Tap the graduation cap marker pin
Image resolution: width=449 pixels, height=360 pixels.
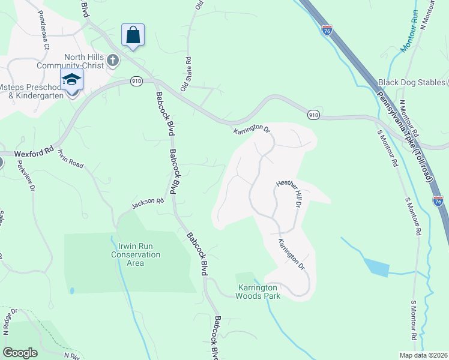(x=71, y=80)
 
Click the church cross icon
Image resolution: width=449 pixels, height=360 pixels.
(x=113, y=61)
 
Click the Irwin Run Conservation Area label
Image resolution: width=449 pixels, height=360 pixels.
(x=136, y=254)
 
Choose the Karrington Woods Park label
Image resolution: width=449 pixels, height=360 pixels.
(x=258, y=290)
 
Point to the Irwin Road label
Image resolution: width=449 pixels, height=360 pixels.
(x=70, y=158)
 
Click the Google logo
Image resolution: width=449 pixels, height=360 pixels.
(x=20, y=353)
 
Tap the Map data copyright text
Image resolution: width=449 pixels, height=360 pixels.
(x=424, y=355)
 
